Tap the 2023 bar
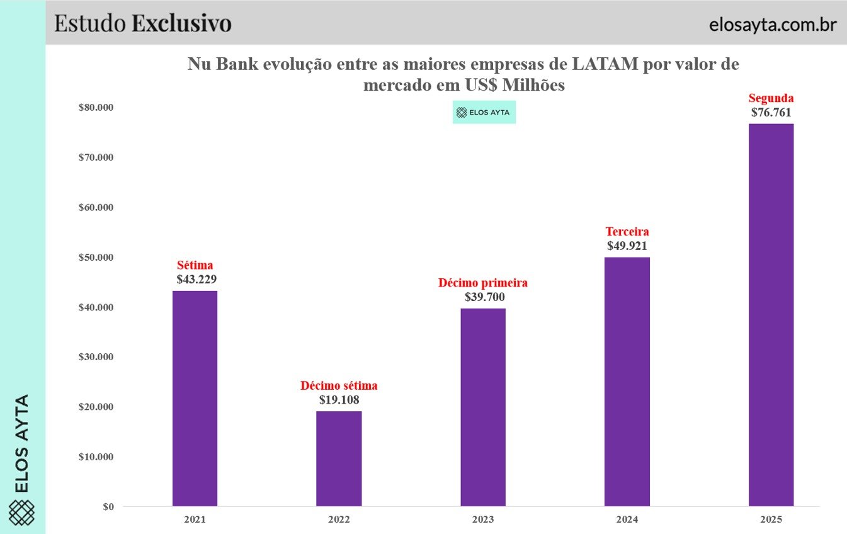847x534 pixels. click(x=483, y=407)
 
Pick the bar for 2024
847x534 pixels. click(x=627, y=382)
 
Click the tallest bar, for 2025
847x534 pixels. click(x=771, y=315)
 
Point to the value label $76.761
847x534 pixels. click(x=771, y=113)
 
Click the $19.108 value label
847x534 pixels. click(x=339, y=400)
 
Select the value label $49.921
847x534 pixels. click(x=627, y=246)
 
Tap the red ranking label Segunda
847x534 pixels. click(x=771, y=98)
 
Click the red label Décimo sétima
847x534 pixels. click(x=339, y=385)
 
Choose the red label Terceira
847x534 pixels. click(x=627, y=232)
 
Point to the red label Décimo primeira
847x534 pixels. click(x=483, y=283)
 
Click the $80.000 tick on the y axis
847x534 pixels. click(x=96, y=108)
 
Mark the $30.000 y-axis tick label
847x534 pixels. click(x=96, y=357)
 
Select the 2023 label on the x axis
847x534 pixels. click(x=483, y=520)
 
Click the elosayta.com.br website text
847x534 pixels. click(x=772, y=25)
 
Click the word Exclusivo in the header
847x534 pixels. click(x=181, y=23)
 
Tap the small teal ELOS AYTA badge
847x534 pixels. click(x=484, y=113)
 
